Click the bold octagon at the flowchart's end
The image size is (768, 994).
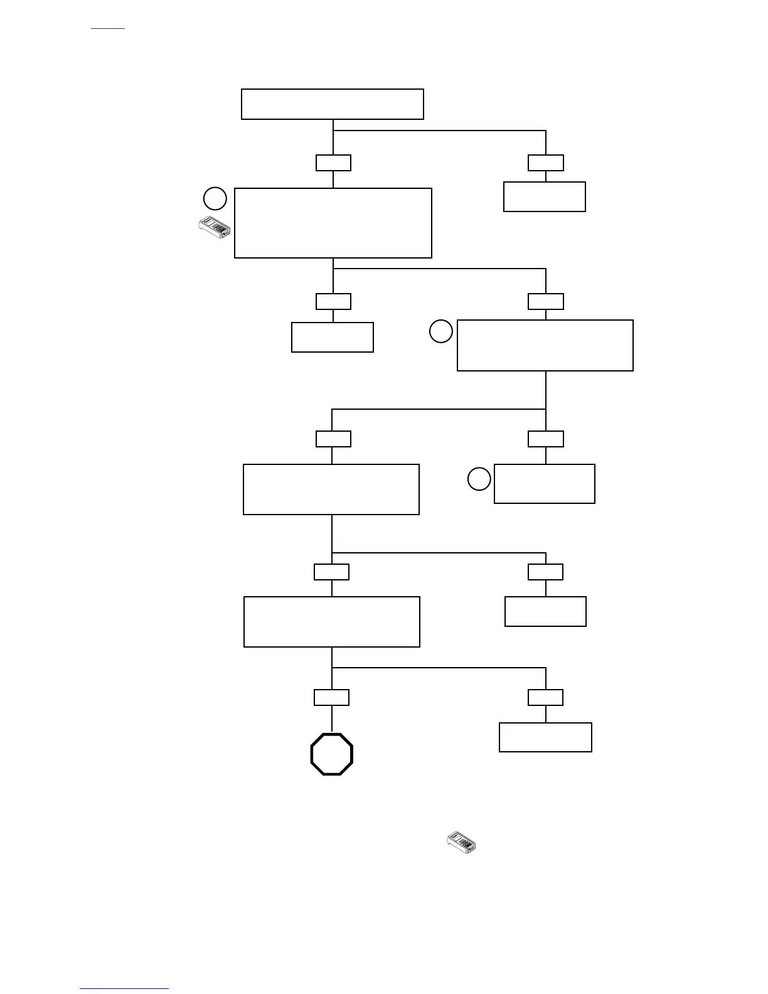(332, 754)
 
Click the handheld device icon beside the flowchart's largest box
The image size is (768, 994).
(215, 228)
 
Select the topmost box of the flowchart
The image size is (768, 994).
(333, 104)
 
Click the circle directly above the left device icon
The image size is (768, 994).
(215, 199)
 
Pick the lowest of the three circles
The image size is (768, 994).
(479, 479)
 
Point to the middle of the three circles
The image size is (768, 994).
(441, 331)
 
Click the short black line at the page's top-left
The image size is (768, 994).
(108, 29)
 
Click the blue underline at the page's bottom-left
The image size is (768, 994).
(124, 989)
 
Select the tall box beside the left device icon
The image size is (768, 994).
(333, 223)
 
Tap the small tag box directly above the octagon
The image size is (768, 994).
(331, 697)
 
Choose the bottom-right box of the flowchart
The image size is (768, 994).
(545, 737)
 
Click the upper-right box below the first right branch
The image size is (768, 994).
(545, 197)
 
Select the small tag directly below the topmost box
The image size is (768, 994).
(333, 163)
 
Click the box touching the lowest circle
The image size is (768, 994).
(545, 484)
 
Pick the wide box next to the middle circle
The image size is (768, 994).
(545, 345)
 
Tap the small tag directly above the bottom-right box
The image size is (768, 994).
(545, 697)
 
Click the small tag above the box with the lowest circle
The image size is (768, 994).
(546, 439)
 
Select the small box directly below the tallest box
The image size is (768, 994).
(333, 337)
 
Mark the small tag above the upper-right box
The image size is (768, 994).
(546, 163)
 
